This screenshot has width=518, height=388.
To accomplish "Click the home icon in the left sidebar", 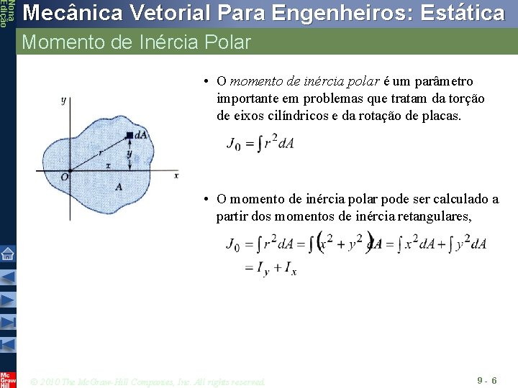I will pyautogui.click(x=7, y=253).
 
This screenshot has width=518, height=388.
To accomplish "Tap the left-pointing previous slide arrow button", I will pyautogui.click(x=7, y=277).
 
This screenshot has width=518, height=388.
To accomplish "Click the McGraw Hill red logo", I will pyautogui.click(x=7, y=379).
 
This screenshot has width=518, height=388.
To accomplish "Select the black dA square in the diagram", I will pyautogui.click(x=129, y=135).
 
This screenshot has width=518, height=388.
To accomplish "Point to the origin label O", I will pyautogui.click(x=64, y=177).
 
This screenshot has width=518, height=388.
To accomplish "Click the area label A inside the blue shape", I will pyautogui.click(x=119, y=187).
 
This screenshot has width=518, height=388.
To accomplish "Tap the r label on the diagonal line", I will pyautogui.click(x=100, y=152).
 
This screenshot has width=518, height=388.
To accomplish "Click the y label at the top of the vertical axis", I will pyautogui.click(x=63, y=100).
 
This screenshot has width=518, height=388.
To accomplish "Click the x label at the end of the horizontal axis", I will pyautogui.click(x=176, y=175).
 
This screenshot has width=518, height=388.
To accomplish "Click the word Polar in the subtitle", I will pyautogui.click(x=227, y=42).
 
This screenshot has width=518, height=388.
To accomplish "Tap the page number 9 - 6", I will pyautogui.click(x=486, y=379).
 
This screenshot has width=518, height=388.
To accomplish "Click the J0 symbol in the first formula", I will pyautogui.click(x=233, y=144).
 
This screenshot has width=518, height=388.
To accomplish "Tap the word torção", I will pyautogui.click(x=467, y=98).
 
